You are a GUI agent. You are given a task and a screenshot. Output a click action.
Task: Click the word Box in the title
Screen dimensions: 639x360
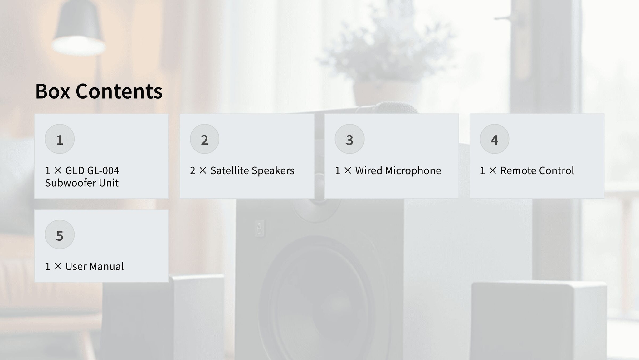52,91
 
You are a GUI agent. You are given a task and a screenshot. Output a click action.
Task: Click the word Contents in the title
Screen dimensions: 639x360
119,91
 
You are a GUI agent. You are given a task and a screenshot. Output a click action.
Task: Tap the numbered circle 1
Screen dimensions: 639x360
60,139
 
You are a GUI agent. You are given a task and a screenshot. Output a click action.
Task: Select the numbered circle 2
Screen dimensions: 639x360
205,139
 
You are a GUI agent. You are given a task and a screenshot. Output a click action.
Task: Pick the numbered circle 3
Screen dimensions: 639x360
349,139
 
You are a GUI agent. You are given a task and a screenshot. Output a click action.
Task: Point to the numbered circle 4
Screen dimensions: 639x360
495,139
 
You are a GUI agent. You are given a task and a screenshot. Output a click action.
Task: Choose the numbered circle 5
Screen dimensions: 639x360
60,235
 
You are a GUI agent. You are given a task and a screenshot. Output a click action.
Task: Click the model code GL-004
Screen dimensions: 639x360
103,170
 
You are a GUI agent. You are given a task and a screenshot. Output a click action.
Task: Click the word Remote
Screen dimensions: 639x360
518,170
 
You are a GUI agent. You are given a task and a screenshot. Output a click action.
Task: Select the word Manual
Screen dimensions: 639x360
107,266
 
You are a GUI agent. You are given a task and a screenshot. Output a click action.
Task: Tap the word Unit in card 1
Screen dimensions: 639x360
109,183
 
